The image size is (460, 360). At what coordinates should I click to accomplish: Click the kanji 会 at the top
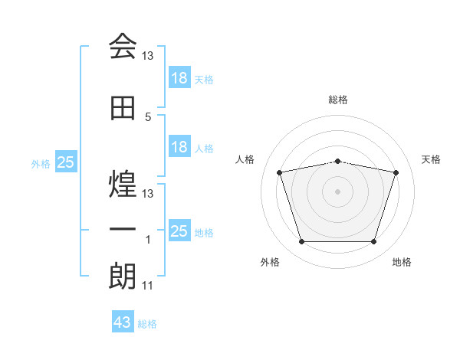pos(123,46)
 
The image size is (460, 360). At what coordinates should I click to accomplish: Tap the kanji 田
pos(123,109)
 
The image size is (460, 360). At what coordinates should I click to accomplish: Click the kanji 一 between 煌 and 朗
pos(123,230)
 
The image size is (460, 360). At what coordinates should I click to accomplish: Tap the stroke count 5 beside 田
pos(148,117)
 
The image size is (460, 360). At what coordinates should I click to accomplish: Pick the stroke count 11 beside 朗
pos(148,286)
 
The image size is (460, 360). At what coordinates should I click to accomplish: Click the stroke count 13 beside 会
pos(148,56)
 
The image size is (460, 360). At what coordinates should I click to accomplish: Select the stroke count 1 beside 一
pos(148,240)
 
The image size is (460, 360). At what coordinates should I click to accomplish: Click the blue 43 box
pos(123,322)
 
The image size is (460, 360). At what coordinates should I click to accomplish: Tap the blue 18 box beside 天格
pos(179,78)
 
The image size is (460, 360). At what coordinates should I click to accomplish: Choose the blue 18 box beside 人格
pos(179,147)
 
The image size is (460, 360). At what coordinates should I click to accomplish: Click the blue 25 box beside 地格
pos(179,231)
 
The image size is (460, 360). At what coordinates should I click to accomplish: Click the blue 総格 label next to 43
pos(147,323)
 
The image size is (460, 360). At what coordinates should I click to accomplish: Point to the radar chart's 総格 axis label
pos(338,100)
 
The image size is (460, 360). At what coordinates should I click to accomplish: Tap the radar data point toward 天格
pos(396,172)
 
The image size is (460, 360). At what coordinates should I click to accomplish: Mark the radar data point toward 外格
pos(301,242)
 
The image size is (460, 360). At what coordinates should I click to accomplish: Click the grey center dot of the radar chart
pos(337,191)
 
